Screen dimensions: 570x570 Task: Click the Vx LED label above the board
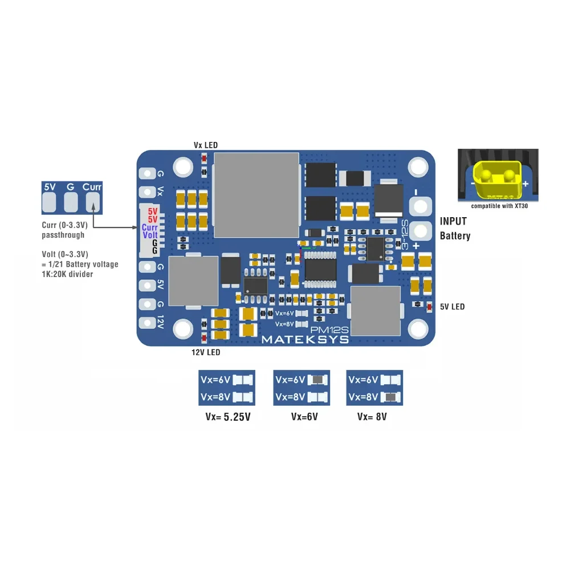tap(206, 145)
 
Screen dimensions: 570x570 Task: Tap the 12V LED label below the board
tap(206, 352)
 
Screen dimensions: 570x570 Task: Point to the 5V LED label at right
tap(452, 307)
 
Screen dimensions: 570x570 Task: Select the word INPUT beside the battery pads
tap(453, 221)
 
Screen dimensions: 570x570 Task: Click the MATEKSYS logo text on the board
tap(306, 340)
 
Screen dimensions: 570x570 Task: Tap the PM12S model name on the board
tap(329, 329)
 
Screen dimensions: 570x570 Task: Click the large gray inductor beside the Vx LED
tap(256, 195)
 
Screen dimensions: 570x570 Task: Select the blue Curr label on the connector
tap(150, 227)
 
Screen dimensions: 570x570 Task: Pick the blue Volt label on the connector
tap(150, 235)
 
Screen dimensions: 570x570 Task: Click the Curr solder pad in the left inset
tap(93, 202)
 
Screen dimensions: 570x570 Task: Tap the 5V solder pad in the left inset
tap(49, 202)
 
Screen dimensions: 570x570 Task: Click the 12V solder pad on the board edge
tap(147, 323)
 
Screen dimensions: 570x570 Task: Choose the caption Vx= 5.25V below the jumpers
tap(228, 417)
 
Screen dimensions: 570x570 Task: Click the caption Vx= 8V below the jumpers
tap(372, 417)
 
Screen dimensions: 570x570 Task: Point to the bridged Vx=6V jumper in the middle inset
tap(317, 380)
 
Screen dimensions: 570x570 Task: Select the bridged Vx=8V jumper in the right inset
tap(391, 397)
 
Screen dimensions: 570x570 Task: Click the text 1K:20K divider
tap(68, 274)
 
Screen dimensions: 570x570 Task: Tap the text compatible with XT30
tap(499, 206)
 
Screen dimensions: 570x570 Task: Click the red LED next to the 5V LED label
tap(429, 307)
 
